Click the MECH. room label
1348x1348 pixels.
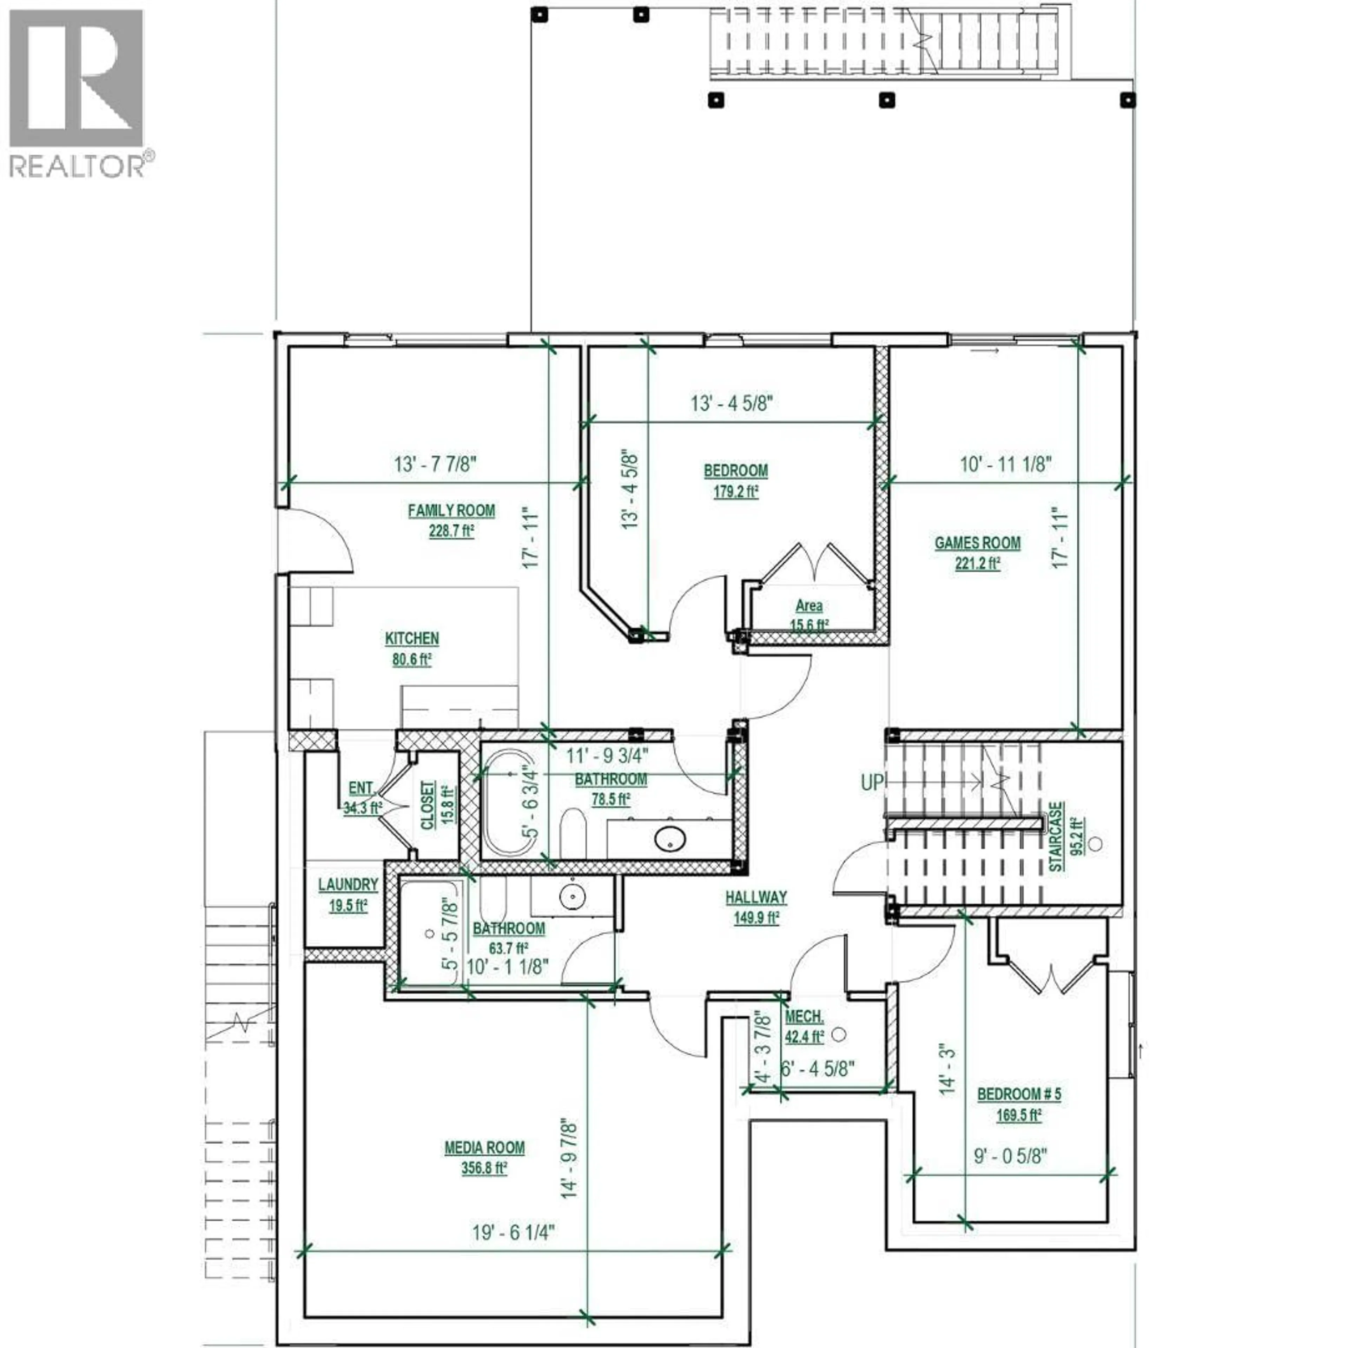pos(804,1017)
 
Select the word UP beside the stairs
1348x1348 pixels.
pos(871,783)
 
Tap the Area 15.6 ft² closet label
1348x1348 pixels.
pos(809,614)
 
